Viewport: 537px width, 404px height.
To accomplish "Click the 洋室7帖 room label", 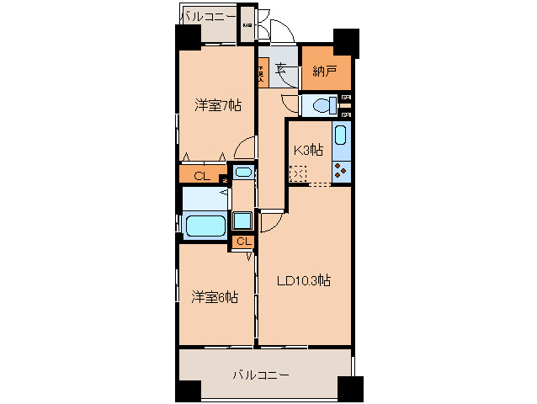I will (219, 105).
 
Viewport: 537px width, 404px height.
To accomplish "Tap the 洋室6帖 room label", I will (214, 296).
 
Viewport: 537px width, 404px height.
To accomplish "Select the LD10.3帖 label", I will (303, 280).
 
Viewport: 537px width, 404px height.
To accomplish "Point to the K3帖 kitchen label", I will (307, 150).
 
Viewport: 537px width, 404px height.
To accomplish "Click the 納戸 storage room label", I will (325, 72).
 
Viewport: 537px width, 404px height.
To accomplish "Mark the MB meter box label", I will (247, 26).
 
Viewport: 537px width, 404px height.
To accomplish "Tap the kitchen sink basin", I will (341, 136).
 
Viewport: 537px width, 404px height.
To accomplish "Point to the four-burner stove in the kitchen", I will (341, 172).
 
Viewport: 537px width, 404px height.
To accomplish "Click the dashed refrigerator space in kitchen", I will (298, 173).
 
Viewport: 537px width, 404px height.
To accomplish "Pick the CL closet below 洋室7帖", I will (200, 176).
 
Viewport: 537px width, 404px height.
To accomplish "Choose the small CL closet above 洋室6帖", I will (242, 242).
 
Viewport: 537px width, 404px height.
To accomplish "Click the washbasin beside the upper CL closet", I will (243, 173).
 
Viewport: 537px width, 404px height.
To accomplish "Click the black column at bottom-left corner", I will (188, 391).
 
